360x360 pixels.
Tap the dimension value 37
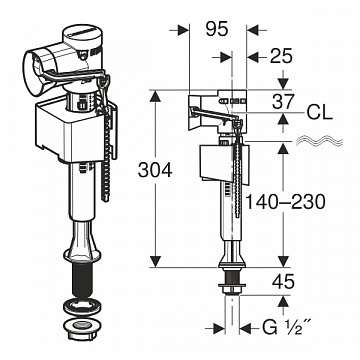(x=284, y=100)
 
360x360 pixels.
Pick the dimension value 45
(x=284, y=281)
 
